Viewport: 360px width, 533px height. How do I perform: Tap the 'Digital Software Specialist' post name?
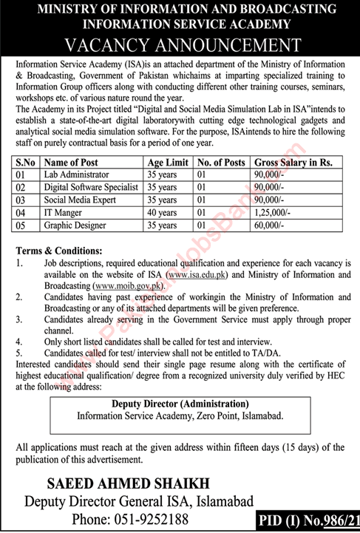pyautogui.click(x=90, y=187)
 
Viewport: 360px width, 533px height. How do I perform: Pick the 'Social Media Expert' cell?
pyautogui.click(x=78, y=200)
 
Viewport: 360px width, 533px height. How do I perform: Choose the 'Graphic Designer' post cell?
pyautogui.click(x=75, y=225)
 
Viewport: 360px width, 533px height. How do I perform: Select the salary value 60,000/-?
pyautogui.click(x=270, y=225)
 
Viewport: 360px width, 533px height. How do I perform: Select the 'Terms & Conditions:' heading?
pyautogui.click(x=55, y=251)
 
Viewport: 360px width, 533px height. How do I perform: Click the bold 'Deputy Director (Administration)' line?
pyautogui.click(x=180, y=404)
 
